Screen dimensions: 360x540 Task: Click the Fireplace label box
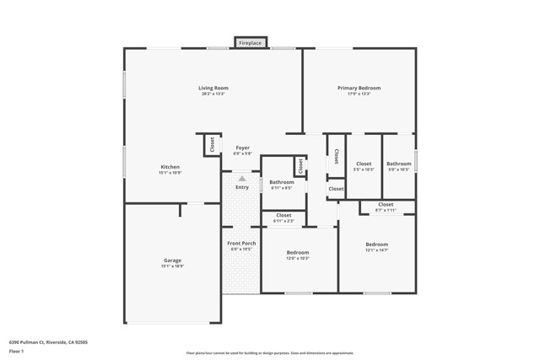click(x=250, y=43)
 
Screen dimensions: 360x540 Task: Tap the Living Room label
click(x=213, y=88)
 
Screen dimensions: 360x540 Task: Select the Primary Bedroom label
click(x=359, y=88)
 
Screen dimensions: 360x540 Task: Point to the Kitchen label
click(x=170, y=167)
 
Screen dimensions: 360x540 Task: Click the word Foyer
click(x=242, y=148)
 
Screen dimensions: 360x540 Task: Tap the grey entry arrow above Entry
click(x=242, y=179)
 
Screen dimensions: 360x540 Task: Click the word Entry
click(x=242, y=187)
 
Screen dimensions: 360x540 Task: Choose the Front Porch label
click(x=242, y=244)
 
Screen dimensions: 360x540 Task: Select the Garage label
click(x=172, y=261)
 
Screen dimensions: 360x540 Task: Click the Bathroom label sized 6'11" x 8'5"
click(x=282, y=182)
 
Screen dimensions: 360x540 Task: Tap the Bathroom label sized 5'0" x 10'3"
click(x=399, y=164)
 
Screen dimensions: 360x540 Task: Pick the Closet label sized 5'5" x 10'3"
click(x=364, y=164)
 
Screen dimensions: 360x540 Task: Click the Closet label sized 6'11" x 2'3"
click(x=283, y=215)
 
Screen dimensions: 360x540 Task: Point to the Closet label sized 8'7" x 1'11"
click(x=386, y=205)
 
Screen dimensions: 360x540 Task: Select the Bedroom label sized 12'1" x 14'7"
click(x=376, y=244)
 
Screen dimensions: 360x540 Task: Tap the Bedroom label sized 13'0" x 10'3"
click(x=298, y=252)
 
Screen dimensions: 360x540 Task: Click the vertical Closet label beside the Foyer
click(x=208, y=145)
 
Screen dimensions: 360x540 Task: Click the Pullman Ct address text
click(x=48, y=342)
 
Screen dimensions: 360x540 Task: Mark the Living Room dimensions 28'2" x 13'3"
click(x=213, y=94)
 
